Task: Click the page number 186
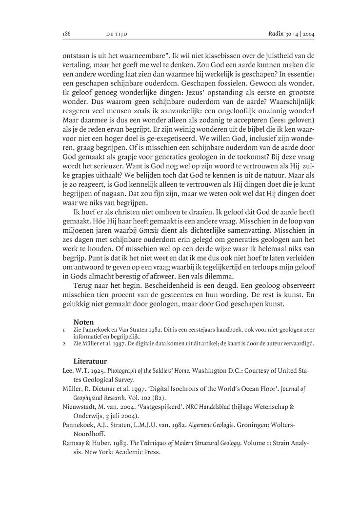point(67,34)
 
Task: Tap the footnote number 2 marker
point(64,343)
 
